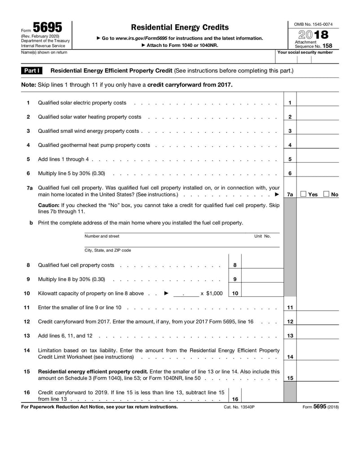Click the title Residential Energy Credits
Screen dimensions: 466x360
pos(180,27)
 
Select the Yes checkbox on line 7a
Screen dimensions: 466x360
pos(304,194)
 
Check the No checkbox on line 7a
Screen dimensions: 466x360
pos(327,194)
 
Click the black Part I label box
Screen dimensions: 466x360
pos(32,71)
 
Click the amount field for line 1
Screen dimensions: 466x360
pos(318,103)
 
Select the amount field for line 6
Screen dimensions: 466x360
pos(318,173)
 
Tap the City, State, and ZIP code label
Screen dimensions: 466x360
pos(108,250)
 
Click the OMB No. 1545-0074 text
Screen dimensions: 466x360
pos(314,24)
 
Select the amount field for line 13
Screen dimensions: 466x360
pos(318,335)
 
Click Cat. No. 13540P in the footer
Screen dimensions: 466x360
pos(239,407)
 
